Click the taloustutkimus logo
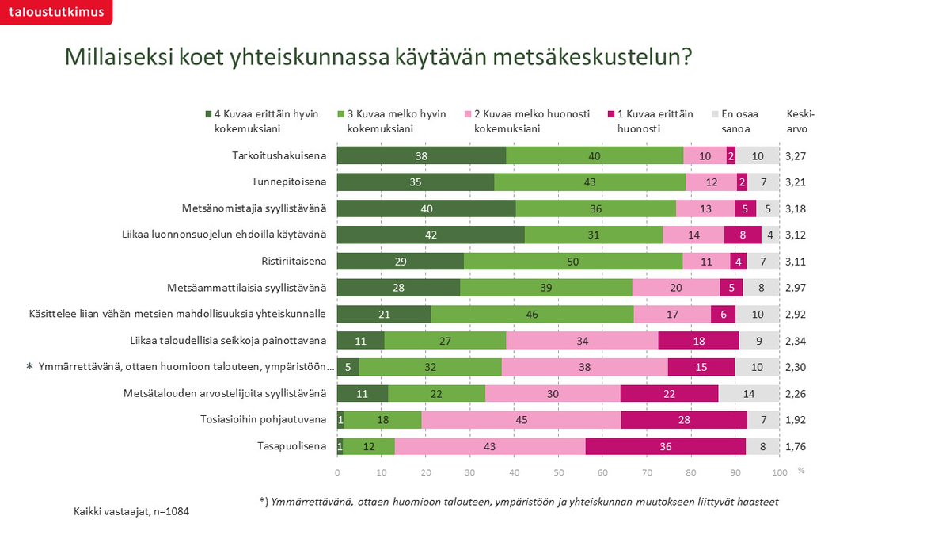coord(55,12)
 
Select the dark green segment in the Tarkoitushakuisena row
coord(421,155)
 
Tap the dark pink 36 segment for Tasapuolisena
coord(665,446)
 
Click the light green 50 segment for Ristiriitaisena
coord(573,262)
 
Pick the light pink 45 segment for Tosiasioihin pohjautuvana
coord(521,420)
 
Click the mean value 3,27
coord(797,155)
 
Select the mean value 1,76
coord(797,446)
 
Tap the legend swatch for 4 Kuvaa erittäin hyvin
coord(208,114)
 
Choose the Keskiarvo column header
coord(800,120)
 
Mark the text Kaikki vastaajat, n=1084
coord(131,512)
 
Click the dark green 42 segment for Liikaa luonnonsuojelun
coord(431,235)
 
